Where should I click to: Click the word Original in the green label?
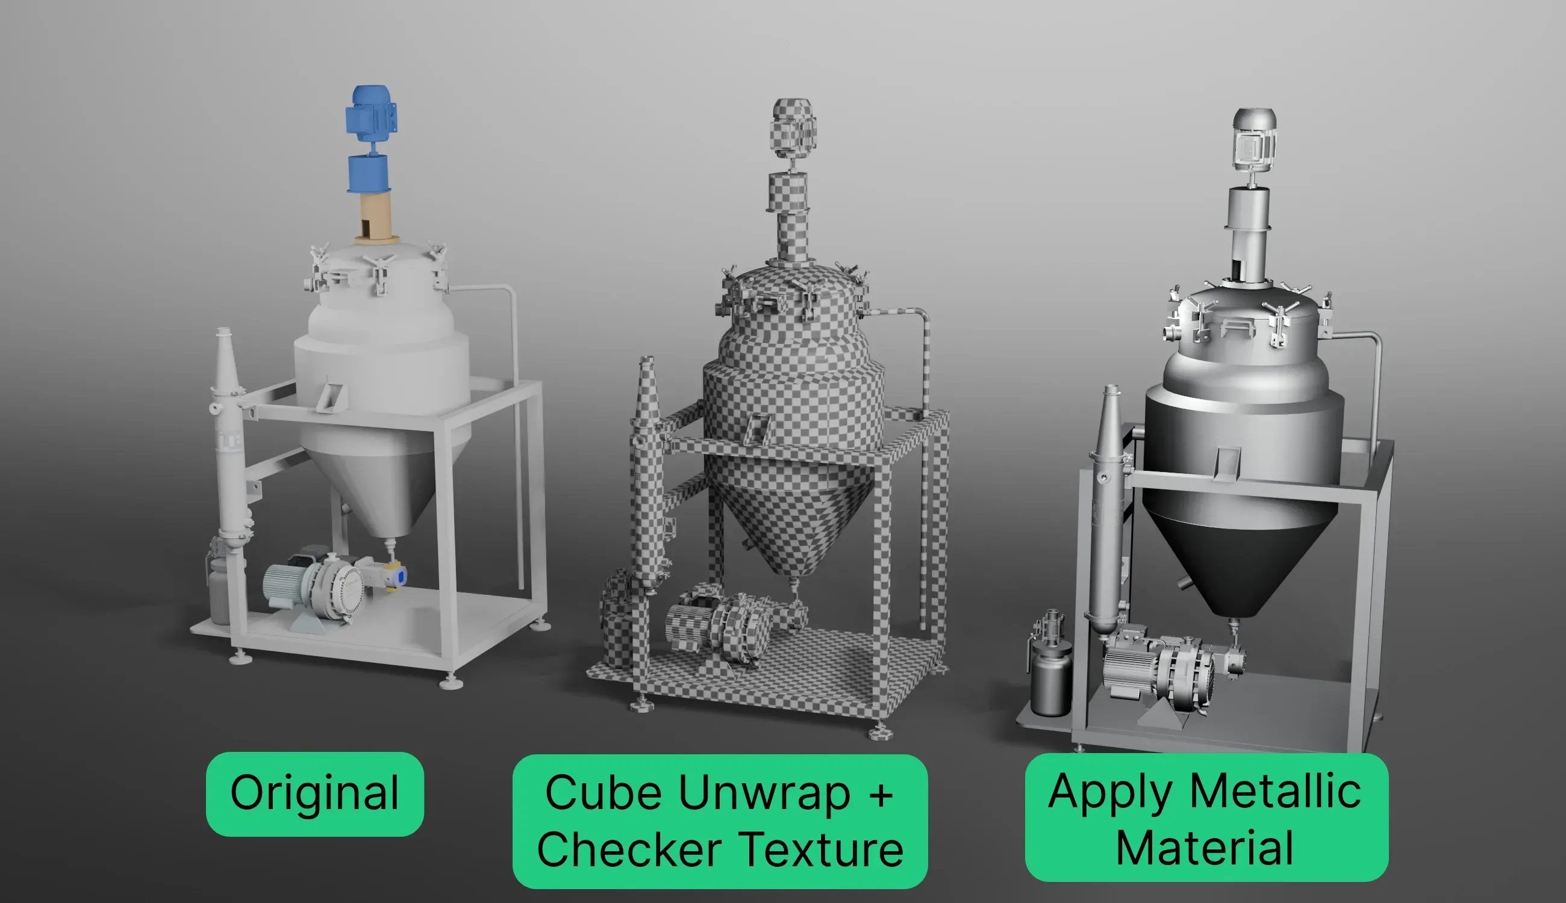[314, 793]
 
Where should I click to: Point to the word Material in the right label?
[1205, 848]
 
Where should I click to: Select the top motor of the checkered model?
[794, 129]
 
